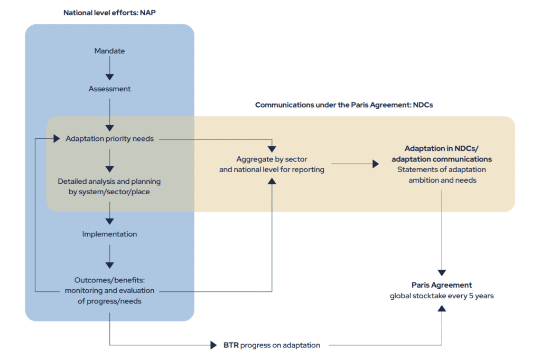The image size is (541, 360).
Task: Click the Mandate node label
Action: (109, 51)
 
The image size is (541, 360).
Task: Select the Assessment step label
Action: (109, 89)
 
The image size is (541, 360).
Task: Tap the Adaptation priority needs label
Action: (109, 139)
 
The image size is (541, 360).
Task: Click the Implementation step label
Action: (109, 234)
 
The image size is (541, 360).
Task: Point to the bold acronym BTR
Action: (231, 345)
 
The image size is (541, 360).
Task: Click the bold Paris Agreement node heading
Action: (442, 285)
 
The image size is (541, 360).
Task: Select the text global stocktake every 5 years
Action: (442, 296)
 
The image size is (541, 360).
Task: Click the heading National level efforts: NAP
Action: (109, 12)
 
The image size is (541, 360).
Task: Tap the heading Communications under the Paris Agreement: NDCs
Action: (344, 105)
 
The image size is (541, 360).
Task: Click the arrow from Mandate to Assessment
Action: (109, 69)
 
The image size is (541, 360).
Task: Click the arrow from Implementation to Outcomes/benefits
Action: (109, 257)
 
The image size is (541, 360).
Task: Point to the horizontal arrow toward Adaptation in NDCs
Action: (355, 164)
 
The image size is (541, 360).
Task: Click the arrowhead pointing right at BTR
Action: (213, 345)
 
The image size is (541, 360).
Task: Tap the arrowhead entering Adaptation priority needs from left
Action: (57, 139)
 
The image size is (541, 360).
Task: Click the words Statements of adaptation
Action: (442, 169)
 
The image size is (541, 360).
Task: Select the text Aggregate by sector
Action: (272, 159)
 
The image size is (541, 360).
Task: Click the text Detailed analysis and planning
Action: (109, 181)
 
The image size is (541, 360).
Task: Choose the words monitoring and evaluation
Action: (109, 290)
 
